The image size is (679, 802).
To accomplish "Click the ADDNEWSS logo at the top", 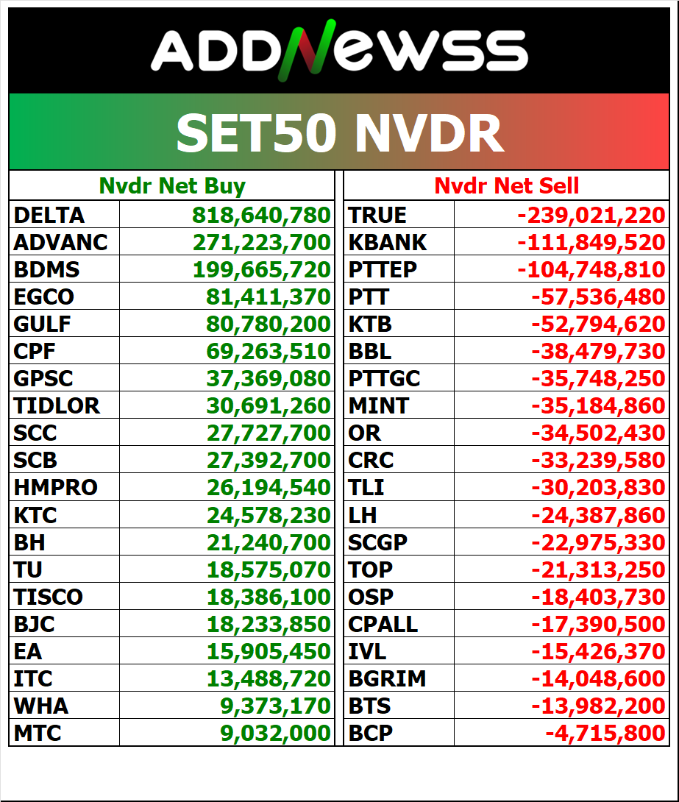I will point(339,52).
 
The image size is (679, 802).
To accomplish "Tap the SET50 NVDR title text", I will point(339,132).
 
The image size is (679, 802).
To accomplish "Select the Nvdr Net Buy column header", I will point(172,186).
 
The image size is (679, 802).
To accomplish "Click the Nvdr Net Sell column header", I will point(507,186).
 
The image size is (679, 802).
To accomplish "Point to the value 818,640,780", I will point(262,215).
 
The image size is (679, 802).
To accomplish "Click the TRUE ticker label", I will point(377,215).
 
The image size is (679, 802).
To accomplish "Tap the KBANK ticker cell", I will point(388,242).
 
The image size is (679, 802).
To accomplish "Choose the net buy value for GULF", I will point(269,324).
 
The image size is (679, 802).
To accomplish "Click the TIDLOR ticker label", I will point(57,405).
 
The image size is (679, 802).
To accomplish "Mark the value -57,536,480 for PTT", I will point(598,297).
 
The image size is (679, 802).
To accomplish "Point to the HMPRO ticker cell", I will point(56,487).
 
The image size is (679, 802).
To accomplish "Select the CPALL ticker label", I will point(383,624).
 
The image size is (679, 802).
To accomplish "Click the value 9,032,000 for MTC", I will point(275,733).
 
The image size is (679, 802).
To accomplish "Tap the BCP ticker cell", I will point(371,733).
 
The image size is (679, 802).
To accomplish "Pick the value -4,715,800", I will point(605,733).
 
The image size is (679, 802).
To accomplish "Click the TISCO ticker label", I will point(49,597).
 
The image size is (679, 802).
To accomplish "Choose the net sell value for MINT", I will point(598,405).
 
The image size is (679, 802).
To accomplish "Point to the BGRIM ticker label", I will point(387,678).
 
